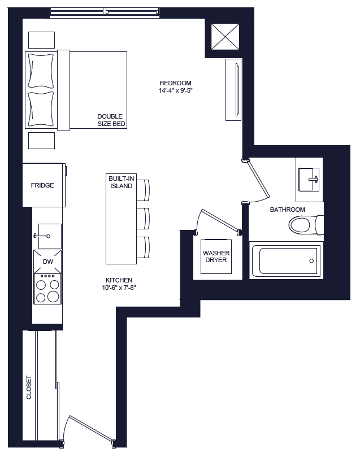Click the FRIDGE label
point(42,185)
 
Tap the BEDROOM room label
point(175,83)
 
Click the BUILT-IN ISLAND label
point(121,182)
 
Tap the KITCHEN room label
point(119,280)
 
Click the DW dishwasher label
point(47,262)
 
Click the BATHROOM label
point(287,210)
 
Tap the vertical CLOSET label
point(29,388)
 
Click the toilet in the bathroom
point(305,225)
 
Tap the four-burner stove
point(47,289)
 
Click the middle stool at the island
point(144,218)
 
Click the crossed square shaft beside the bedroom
point(225,39)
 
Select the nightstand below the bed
point(42,140)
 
